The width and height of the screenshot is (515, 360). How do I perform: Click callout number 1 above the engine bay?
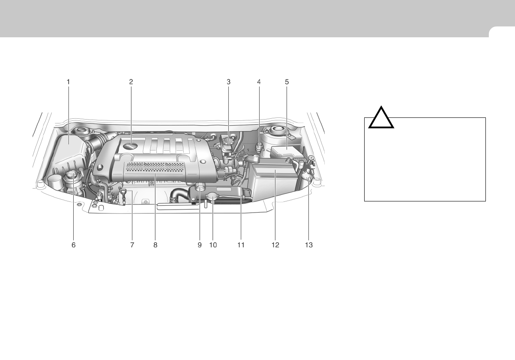(x=68, y=82)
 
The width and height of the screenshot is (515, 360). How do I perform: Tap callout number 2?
(x=131, y=82)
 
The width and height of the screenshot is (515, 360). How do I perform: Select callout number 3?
(x=228, y=82)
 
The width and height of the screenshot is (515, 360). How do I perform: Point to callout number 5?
(x=287, y=82)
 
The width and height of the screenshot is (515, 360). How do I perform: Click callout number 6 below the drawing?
(x=74, y=245)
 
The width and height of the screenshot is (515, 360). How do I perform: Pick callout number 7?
(x=132, y=245)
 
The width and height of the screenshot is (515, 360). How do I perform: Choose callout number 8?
(x=156, y=245)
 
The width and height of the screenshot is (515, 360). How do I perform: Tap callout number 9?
(x=200, y=245)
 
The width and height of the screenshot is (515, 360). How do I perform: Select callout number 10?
(x=213, y=245)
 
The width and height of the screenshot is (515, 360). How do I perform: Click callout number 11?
(x=241, y=245)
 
